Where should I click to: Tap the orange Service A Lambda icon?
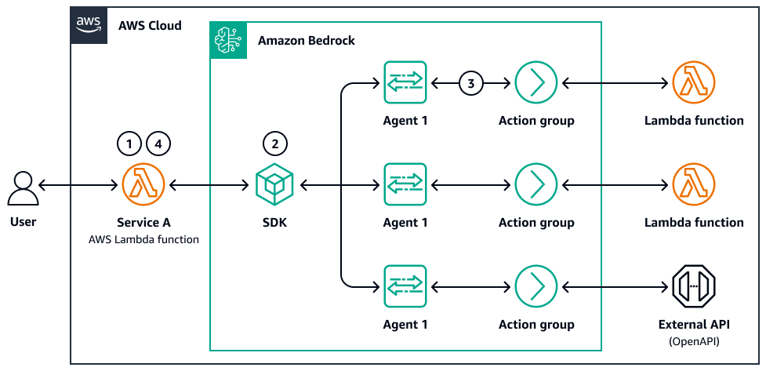click(143, 185)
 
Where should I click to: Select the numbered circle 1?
click(129, 144)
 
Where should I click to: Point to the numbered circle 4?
click(158, 144)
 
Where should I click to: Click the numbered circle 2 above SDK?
click(274, 144)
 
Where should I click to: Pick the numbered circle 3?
click(470, 82)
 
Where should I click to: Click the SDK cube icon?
click(274, 185)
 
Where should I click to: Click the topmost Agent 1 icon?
click(405, 82)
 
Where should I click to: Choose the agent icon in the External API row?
click(405, 286)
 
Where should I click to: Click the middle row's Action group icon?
click(536, 184)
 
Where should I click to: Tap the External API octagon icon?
click(693, 286)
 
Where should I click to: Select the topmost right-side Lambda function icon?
click(693, 82)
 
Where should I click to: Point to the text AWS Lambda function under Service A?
click(143, 238)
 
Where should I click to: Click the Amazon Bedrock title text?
click(307, 40)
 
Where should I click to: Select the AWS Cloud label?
click(150, 25)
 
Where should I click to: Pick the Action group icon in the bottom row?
click(536, 286)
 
